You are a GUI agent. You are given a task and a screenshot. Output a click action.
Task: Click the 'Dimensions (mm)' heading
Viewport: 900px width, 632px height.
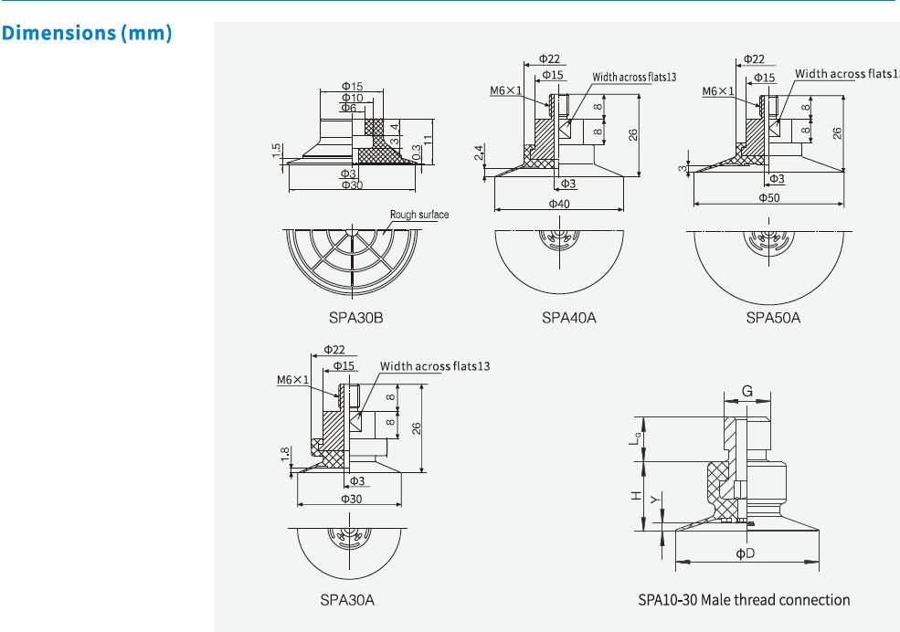tap(87, 34)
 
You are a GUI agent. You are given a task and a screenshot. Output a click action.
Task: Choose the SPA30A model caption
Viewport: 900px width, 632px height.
tap(347, 600)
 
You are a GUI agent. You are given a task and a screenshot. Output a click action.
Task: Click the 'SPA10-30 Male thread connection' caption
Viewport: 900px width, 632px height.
tap(744, 600)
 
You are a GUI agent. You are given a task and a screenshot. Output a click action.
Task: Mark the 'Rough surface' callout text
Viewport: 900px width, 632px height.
tap(419, 215)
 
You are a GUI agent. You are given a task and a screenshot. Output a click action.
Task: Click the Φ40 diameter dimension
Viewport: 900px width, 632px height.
tap(559, 203)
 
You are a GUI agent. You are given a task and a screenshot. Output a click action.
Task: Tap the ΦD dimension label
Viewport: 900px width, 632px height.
tap(745, 553)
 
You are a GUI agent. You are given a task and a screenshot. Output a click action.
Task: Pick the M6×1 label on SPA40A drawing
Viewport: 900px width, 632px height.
tap(504, 90)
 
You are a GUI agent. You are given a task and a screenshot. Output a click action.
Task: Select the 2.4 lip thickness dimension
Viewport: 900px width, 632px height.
tap(480, 152)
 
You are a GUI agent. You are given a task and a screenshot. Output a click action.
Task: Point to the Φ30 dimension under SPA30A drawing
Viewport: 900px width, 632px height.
tap(352, 499)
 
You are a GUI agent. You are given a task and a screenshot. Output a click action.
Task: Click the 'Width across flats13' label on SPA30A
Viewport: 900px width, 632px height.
tap(435, 366)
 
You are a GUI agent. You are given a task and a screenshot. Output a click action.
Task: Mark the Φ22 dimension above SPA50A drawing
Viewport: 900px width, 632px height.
tap(754, 58)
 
